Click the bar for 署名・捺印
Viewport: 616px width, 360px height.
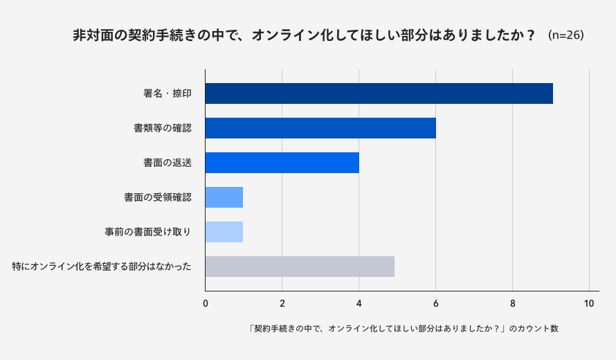(379, 93)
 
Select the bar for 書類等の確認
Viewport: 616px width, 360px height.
(320, 128)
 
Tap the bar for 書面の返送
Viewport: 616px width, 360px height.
(282, 163)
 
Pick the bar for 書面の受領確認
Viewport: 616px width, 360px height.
(224, 197)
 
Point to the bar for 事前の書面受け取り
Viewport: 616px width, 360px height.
(224, 232)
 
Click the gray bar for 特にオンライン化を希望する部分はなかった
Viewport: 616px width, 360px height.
(300, 267)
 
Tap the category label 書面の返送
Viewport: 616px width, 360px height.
(167, 163)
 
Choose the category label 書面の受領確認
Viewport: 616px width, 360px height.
(157, 197)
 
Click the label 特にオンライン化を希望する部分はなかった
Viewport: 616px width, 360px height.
(102, 267)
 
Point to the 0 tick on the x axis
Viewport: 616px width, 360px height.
(206, 303)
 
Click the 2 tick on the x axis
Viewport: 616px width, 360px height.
(282, 303)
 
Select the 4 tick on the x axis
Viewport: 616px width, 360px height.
(359, 303)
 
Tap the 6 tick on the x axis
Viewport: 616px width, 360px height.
(436, 303)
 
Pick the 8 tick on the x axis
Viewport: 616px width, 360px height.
(513, 303)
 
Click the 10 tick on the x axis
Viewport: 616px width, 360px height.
(589, 303)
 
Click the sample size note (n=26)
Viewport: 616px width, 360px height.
(565, 35)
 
